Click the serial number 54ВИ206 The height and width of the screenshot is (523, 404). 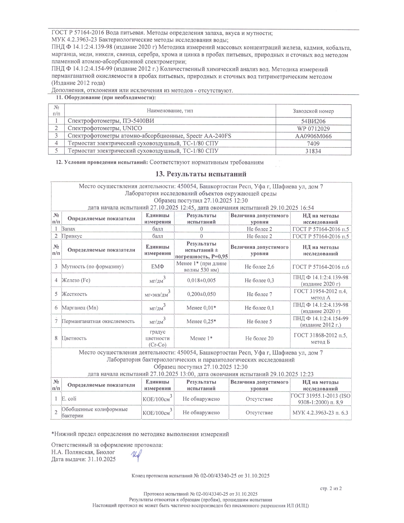click(313, 121)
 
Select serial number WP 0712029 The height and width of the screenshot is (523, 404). click(313, 128)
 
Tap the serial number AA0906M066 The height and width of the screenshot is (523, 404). click(313, 136)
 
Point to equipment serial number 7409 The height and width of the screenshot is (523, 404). click(313, 144)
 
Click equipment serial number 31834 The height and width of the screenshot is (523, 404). click(313, 151)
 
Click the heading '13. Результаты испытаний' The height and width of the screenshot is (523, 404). click(201, 174)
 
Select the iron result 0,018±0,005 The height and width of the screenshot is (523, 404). click(201, 280)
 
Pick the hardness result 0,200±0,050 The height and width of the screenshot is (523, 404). click(201, 294)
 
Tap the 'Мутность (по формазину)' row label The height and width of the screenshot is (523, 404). click(93, 267)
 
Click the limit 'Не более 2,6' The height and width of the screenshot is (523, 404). click(259, 267)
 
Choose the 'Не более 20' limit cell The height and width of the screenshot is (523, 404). click(259, 339)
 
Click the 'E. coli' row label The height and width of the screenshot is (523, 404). click(69, 399)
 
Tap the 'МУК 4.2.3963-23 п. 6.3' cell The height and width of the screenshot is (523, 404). click(320, 413)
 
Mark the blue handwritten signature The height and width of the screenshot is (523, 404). click(136, 456)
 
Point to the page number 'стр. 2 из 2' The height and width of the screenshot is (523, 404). click(331, 488)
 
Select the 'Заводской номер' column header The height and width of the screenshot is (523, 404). click(313, 111)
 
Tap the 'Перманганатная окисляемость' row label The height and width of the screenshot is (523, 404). click(98, 321)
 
